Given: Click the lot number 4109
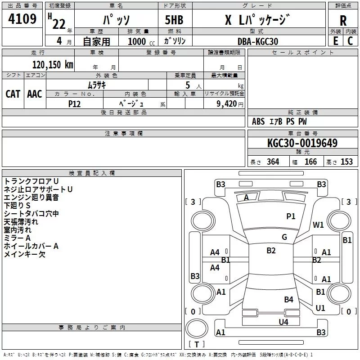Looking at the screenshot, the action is (22, 18).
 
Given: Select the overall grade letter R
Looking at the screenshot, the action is (343, 21).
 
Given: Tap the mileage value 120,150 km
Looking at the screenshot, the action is (53, 64).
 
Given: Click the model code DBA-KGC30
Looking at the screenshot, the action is (258, 41).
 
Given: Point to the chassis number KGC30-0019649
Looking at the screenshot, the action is (302, 143).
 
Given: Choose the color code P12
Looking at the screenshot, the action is (74, 104).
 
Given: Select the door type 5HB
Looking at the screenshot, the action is (174, 20).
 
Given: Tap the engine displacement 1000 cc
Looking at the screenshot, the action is (141, 41).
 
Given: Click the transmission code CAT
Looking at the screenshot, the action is (13, 94).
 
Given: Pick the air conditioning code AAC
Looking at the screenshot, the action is (35, 94).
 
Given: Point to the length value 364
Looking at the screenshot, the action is (273, 162).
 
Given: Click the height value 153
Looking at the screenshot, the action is (346, 162).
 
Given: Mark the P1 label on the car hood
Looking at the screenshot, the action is (291, 216).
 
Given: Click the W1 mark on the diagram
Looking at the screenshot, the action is (318, 225).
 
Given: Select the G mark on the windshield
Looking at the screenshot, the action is (284, 237).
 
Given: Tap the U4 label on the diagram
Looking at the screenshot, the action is (283, 322).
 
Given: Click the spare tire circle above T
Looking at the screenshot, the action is (197, 328).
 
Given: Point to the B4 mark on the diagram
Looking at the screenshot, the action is (288, 299).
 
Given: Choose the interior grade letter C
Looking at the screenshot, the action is (350, 41).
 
